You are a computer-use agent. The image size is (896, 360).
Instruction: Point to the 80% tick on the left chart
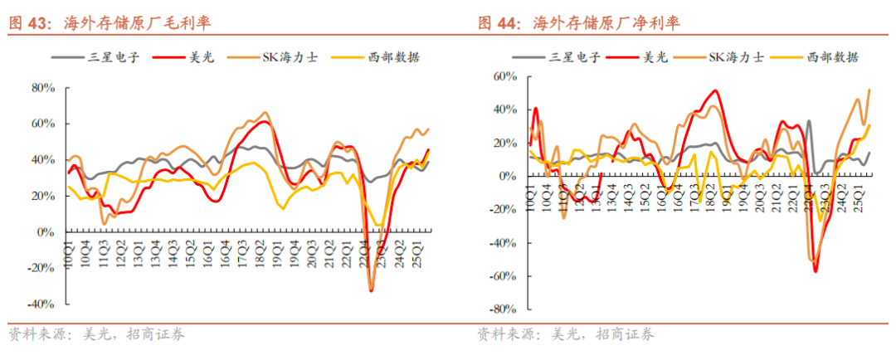click(x=42, y=87)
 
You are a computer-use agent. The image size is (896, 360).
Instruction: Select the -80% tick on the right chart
click(x=503, y=309)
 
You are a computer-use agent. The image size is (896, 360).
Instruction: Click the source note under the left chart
click(x=96, y=335)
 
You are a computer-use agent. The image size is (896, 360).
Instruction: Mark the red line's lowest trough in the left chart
click(x=371, y=290)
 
